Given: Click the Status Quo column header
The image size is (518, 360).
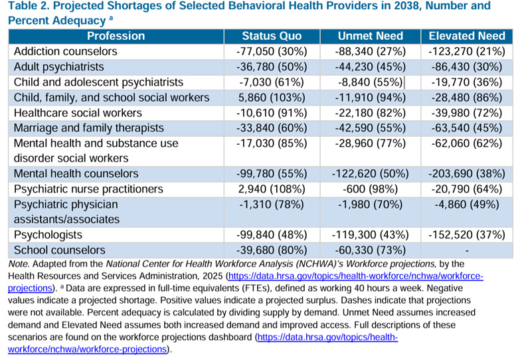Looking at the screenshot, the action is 272,36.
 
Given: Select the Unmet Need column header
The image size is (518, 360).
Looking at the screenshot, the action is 371,36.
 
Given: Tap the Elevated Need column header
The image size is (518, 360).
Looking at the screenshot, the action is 467,36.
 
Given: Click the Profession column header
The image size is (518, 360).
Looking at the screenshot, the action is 116,36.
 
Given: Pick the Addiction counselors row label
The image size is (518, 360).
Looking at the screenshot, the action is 65,52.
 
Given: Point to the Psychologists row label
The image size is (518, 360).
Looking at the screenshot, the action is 48,235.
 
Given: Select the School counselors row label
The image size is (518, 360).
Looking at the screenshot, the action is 60,250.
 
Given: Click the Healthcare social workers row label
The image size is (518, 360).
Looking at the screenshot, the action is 78,113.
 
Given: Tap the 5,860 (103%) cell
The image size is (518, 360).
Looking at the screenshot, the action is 272,98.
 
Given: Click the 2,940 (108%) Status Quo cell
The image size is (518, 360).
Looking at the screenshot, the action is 272,189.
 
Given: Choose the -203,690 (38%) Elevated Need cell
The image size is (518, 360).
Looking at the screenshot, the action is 467,174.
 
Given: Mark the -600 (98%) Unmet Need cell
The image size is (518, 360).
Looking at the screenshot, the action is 371,189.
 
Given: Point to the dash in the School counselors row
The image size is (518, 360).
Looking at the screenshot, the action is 467,251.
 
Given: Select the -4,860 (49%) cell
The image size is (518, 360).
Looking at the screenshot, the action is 467,205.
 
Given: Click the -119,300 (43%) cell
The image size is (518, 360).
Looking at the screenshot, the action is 371,235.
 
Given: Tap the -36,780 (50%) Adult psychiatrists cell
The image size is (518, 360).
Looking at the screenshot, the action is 272,67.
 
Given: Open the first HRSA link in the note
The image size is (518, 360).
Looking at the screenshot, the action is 246,282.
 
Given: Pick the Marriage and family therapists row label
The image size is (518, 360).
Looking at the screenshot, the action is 88,128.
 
